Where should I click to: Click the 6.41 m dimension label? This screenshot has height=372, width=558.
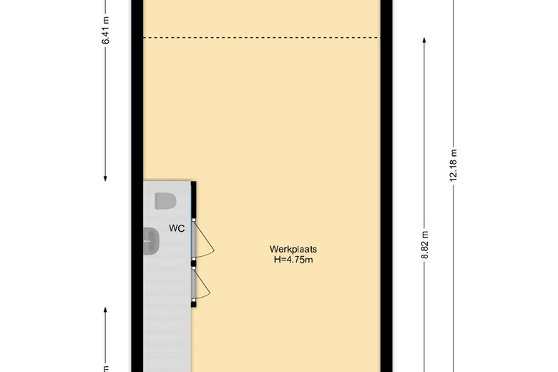click(x=105, y=31)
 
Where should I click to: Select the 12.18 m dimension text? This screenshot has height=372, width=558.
click(x=453, y=165)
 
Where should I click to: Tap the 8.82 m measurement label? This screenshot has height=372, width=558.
click(x=424, y=245)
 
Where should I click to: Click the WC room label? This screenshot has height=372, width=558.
click(x=177, y=228)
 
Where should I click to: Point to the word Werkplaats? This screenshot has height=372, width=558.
click(x=293, y=249)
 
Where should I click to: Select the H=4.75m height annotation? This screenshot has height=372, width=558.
click(x=293, y=260)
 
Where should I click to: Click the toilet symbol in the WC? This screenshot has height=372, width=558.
click(x=165, y=201)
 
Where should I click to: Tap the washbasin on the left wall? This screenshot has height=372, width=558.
click(x=151, y=241)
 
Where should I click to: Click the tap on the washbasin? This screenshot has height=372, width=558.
click(x=147, y=241)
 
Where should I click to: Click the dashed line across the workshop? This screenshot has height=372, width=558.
click(x=262, y=37)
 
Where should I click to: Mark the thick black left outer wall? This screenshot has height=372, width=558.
click(x=137, y=186)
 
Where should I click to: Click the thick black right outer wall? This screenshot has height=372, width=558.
click(x=386, y=186)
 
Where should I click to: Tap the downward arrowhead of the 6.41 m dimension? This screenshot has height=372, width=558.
click(x=105, y=178)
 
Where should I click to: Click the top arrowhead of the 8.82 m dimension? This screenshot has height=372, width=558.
click(x=424, y=40)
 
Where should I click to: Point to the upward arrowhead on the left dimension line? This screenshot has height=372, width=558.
click(x=105, y=310)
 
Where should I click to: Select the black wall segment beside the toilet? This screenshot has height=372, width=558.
click(x=194, y=200)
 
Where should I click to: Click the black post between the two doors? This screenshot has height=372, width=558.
click(x=194, y=263)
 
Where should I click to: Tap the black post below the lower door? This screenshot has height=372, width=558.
click(x=194, y=303)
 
